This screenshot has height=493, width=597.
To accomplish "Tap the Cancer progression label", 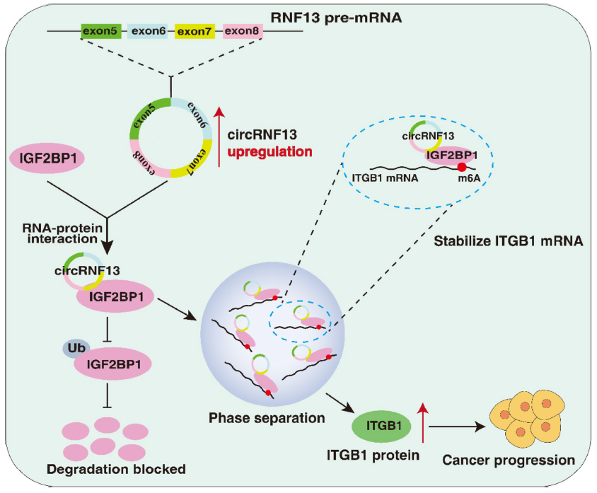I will (509, 460).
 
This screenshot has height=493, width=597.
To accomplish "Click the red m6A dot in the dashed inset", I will (461, 167).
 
